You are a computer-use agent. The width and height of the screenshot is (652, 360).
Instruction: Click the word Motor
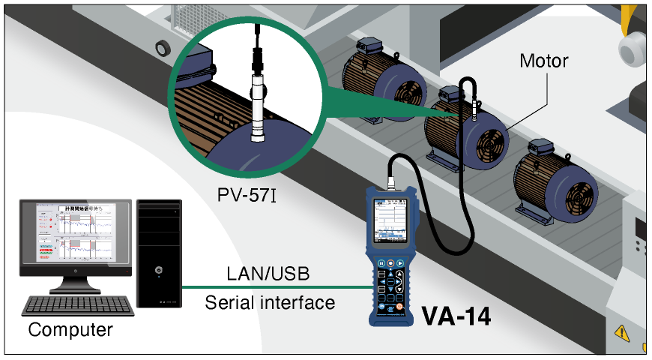click(x=544, y=61)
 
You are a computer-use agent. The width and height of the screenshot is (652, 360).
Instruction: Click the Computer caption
click(x=70, y=329)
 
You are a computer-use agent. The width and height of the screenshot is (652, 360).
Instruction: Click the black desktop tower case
click(x=159, y=253)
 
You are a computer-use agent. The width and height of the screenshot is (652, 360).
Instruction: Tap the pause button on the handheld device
click(x=381, y=263)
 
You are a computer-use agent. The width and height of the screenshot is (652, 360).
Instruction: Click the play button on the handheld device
click(x=402, y=263)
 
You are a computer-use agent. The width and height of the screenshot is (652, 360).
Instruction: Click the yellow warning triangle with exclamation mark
click(x=621, y=331)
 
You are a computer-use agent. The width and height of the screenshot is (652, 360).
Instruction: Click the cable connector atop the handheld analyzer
click(x=390, y=182)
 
